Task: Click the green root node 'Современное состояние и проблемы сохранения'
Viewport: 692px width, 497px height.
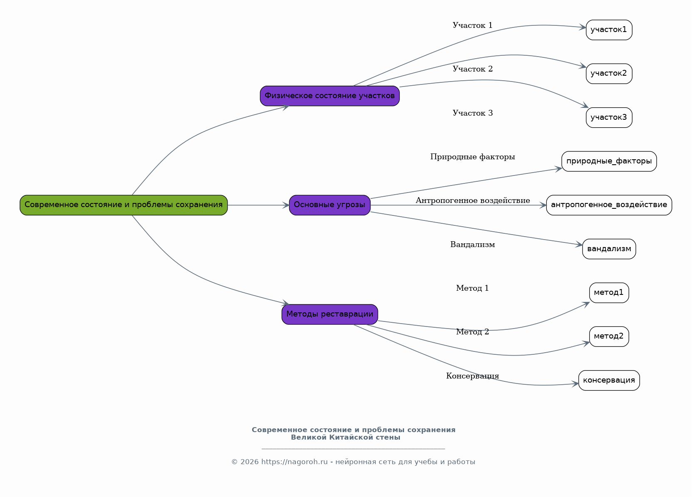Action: (124, 205)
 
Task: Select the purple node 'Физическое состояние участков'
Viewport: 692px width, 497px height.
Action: (330, 96)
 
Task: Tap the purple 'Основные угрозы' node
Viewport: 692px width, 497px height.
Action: (330, 205)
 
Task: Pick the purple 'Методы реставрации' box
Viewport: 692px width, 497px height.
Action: (330, 314)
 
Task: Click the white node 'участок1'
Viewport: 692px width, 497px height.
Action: (609, 30)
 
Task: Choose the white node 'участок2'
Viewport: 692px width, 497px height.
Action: (609, 74)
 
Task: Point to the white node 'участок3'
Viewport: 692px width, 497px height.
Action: (609, 118)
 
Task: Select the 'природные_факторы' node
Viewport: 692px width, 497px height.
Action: (609, 161)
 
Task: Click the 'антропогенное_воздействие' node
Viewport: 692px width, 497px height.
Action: (609, 205)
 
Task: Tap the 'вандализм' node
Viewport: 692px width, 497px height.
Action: (609, 249)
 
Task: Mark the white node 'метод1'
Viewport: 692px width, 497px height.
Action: (609, 293)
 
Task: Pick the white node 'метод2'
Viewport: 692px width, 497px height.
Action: (609, 336)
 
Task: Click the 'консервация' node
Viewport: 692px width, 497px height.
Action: (609, 380)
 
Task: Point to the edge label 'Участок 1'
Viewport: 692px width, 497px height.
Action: (472, 25)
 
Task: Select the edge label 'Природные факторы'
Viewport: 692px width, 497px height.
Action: (472, 157)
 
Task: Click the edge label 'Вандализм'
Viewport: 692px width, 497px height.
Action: (472, 245)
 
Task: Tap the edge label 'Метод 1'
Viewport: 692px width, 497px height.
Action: (472, 288)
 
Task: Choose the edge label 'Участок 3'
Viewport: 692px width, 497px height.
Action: (472, 113)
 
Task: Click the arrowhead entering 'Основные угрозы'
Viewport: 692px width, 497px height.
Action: (286, 205)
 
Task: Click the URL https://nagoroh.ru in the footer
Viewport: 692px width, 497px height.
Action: (295, 462)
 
